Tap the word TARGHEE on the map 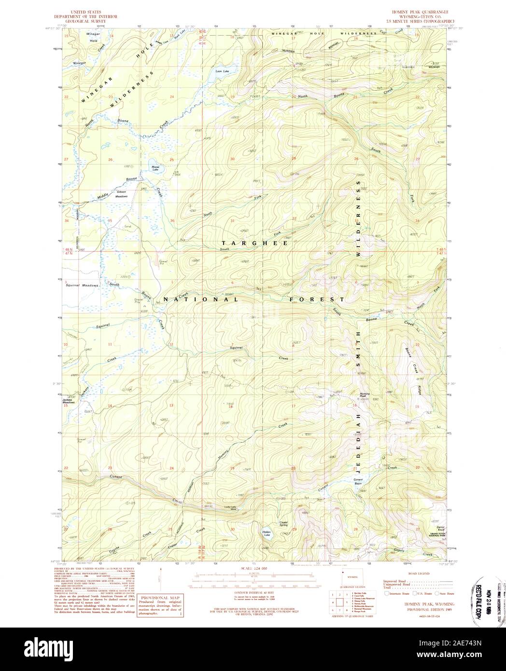pyautogui.click(x=255, y=243)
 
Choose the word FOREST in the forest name pyautogui.click(x=313, y=299)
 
